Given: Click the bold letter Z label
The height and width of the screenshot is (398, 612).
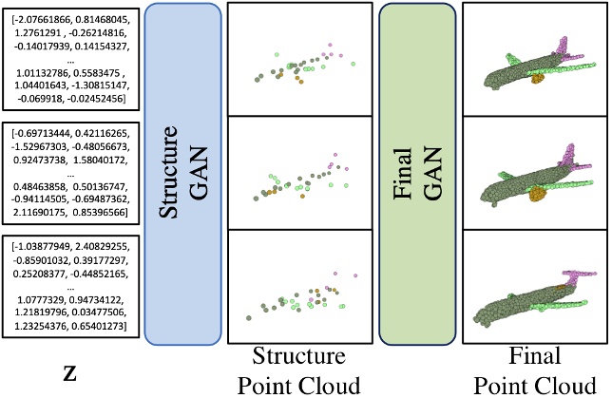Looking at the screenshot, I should point(69,372).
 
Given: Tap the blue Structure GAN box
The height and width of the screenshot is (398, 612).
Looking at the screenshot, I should point(182,173).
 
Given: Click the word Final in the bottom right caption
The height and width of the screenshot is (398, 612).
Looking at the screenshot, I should point(531,357).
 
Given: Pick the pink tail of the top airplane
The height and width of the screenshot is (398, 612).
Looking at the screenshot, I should point(573,47).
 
